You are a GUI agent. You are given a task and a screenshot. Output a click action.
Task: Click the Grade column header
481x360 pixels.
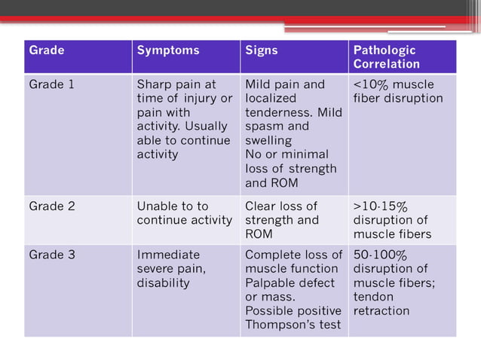[47, 51]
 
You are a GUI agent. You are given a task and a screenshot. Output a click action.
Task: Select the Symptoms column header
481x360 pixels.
[168, 51]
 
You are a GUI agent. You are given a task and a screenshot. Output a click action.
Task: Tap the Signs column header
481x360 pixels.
[262, 51]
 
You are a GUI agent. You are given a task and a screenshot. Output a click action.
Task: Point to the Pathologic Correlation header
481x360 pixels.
[384, 57]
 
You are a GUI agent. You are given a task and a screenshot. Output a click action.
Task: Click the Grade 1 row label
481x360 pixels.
[52, 84]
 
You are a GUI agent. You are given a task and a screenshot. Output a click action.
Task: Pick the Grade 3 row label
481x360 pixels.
[52, 255]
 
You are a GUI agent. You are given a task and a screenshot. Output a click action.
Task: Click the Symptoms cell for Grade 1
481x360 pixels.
[185, 119]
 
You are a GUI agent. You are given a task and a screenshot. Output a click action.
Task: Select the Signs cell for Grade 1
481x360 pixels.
[293, 133]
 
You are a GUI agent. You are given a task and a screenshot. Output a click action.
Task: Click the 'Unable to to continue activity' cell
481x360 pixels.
[184, 213]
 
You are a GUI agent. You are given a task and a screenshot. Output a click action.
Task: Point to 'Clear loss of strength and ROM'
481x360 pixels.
[282, 220]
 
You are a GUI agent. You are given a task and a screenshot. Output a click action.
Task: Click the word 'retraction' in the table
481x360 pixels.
[381, 311]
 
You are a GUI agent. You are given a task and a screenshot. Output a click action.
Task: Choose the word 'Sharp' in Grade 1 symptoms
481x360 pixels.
[155, 84]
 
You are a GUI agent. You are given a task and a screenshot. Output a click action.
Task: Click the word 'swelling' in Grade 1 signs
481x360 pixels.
[268, 140]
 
